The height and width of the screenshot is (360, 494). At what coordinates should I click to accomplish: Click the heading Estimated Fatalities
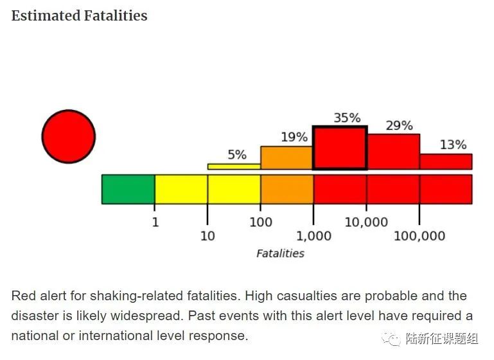coord(80,15)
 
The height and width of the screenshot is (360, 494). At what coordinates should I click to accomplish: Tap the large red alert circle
coord(69,136)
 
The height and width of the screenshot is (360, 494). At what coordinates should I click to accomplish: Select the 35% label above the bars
coord(347,118)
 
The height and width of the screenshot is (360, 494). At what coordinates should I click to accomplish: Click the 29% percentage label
coord(399,126)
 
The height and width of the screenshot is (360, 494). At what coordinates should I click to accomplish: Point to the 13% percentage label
coord(453,145)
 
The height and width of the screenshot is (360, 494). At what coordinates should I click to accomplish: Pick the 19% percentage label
coord(294,138)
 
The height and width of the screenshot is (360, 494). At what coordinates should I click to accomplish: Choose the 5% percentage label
coord(237,155)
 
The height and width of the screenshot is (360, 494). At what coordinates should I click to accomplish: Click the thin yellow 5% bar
coord(234,166)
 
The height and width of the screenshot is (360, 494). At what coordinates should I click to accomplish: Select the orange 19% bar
coord(287,158)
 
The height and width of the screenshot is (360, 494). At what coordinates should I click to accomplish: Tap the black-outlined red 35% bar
coord(340,148)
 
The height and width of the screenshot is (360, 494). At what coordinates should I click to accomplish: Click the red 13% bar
coord(446,161)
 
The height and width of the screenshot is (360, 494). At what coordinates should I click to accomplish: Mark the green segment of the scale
coord(128,189)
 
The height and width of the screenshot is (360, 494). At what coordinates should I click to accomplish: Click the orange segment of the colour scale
coord(287,189)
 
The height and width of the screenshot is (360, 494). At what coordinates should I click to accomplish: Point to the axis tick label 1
coord(155,222)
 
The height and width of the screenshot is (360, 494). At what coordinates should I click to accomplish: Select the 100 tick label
coord(261,222)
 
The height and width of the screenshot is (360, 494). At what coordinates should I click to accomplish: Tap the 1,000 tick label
coord(314,237)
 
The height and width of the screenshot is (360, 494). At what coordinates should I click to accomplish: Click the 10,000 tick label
coord(367,222)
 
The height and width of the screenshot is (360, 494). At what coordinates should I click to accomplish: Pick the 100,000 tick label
coord(419,237)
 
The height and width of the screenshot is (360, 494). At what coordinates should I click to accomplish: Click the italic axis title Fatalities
coord(280,253)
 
